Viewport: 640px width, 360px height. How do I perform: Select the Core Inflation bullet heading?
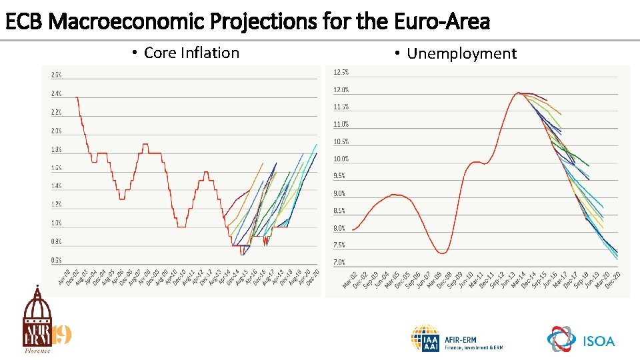coord(191,53)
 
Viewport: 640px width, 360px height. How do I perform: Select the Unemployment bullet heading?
coord(461,53)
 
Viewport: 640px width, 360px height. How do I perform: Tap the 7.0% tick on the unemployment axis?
coord(340,262)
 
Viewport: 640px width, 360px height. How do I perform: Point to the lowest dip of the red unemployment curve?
coord(442,253)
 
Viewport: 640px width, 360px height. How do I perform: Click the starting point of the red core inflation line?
coord(77,97)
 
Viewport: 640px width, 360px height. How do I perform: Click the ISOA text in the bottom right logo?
coord(599,341)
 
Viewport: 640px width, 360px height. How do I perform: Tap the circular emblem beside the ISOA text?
coord(561,340)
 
